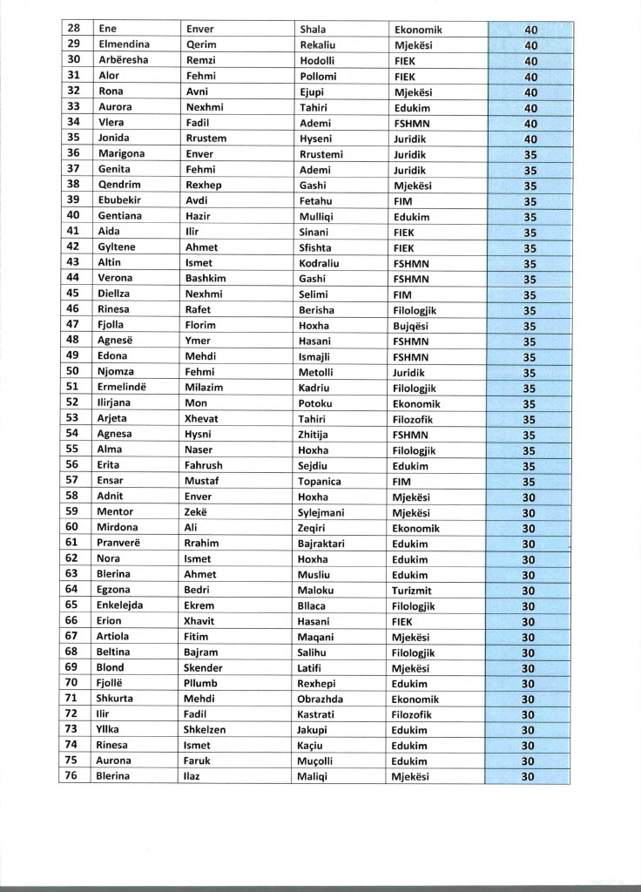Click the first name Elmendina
click(x=124, y=44)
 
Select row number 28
click(x=74, y=29)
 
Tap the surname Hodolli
click(x=317, y=60)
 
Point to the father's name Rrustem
click(x=206, y=138)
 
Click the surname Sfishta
click(x=314, y=247)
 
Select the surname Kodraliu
click(x=320, y=262)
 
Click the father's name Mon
click(x=196, y=403)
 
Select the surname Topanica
click(x=320, y=481)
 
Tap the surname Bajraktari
click(x=321, y=544)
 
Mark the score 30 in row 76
click(x=528, y=776)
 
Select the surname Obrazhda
click(x=320, y=699)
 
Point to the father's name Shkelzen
click(x=207, y=730)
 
